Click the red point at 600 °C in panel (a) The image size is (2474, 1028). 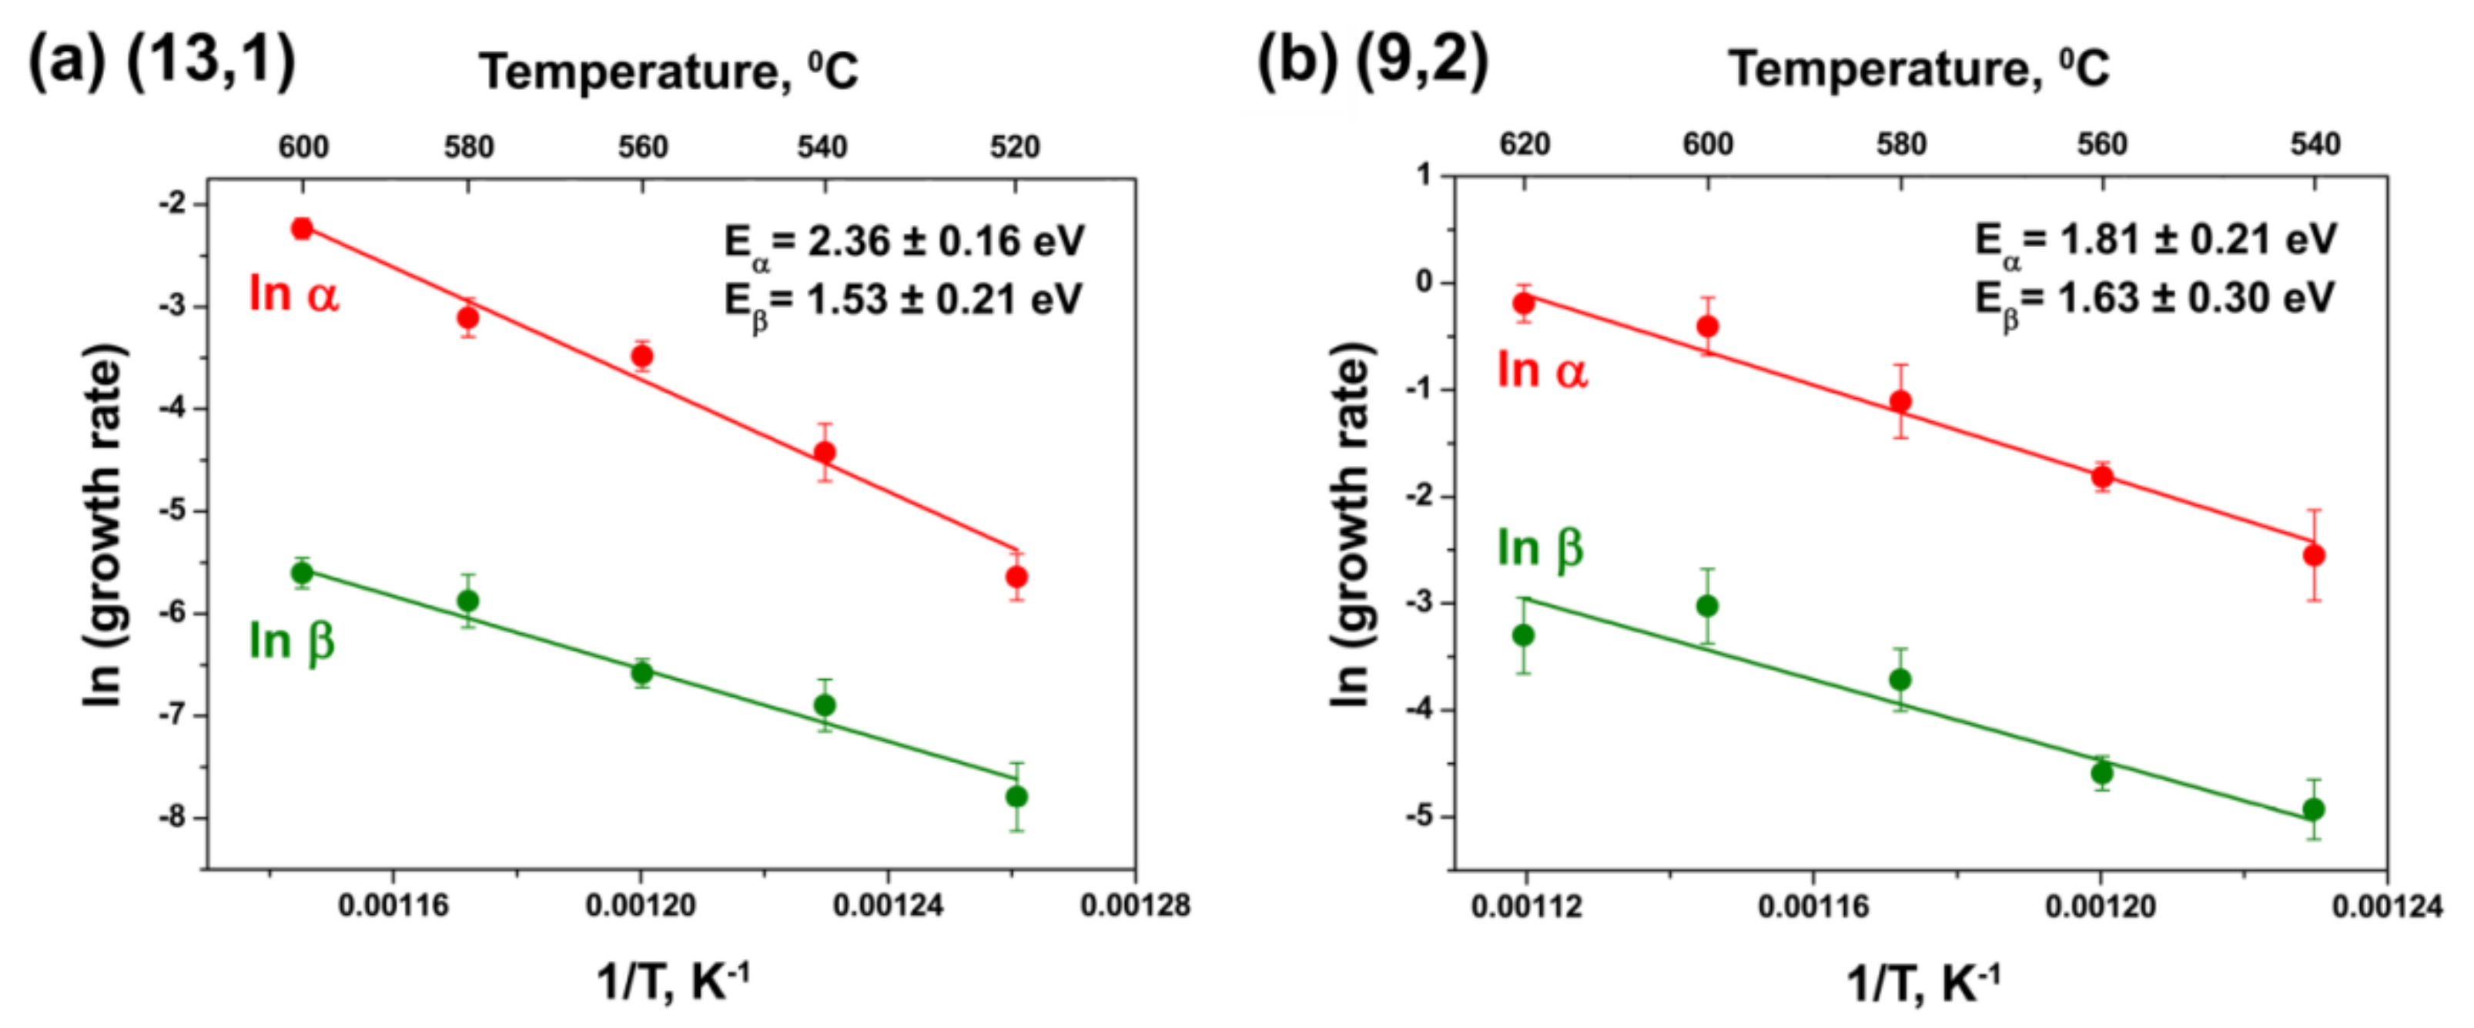coord(303,229)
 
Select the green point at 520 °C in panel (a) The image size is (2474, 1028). coord(1017,796)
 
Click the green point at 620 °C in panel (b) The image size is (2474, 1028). coord(1523,635)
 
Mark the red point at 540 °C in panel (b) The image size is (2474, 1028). coord(2314,555)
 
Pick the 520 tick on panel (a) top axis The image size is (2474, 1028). coord(1015,147)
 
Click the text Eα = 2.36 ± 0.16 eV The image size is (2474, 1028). coord(904,242)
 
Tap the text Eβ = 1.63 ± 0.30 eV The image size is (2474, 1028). coord(2154,300)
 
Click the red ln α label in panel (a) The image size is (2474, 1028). coord(293,293)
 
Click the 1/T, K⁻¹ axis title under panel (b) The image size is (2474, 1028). coord(1923,983)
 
